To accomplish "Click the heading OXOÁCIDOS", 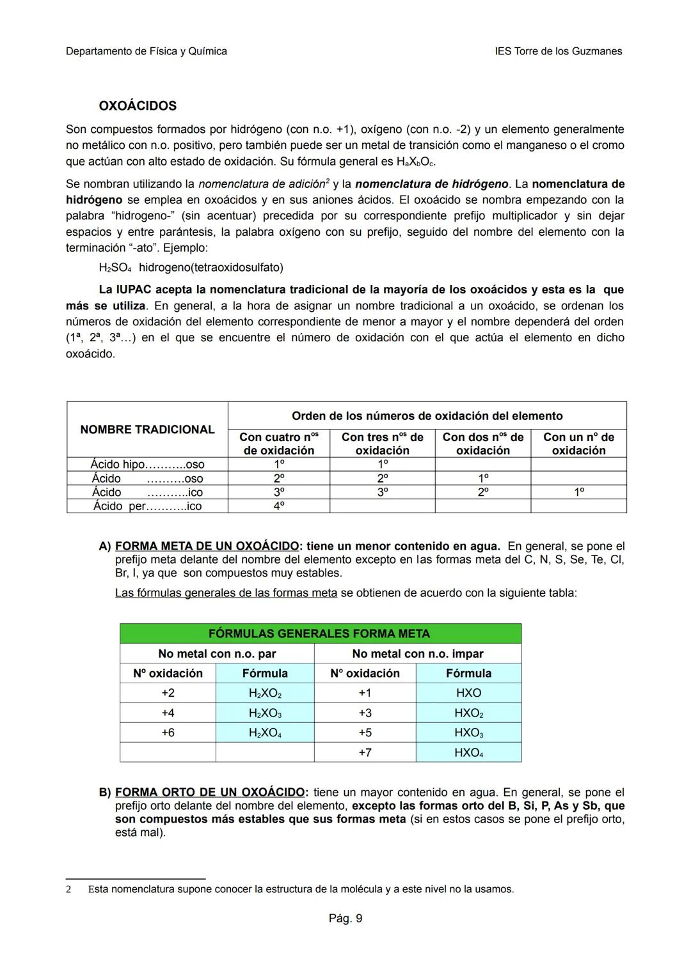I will (137, 105).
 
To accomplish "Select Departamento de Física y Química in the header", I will (146, 51).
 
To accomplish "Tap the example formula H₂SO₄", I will (115, 267).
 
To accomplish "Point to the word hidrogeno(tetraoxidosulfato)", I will (211, 267).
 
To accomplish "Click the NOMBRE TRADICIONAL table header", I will (147, 430).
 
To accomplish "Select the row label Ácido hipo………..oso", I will (147, 465).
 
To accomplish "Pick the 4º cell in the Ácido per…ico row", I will (278, 506).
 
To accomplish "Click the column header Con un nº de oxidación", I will (578, 444).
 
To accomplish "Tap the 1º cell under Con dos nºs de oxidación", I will (483, 478).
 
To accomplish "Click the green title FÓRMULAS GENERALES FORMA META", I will (319, 633).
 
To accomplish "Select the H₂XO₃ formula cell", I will (265, 713).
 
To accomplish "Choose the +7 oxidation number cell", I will (365, 752).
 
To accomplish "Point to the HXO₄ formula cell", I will (468, 752).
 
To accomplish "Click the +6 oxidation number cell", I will (168, 732).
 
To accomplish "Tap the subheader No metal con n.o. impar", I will (417, 653).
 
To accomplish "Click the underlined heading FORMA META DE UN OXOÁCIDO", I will (207, 546).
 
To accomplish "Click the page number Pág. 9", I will (345, 918).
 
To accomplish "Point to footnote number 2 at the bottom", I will (68, 889).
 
